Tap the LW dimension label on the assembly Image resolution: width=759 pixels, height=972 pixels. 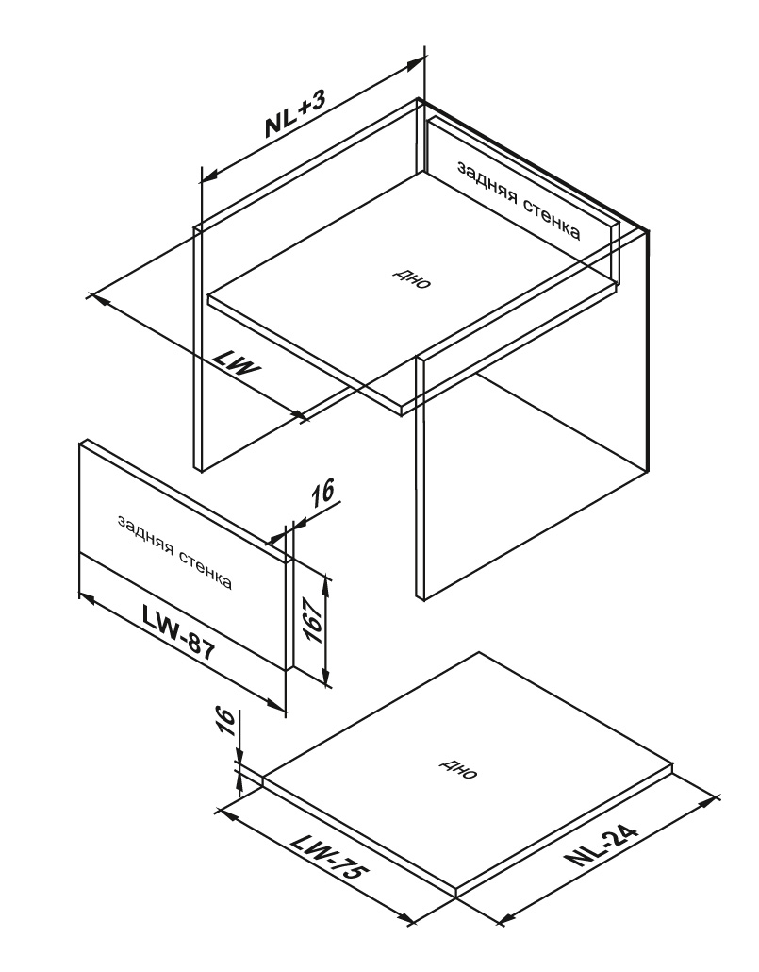coord(237,364)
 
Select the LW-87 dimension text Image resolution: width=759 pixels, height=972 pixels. coord(178,632)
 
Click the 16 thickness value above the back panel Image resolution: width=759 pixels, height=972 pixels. coord(322,492)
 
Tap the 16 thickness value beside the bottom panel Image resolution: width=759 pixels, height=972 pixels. coord(226,722)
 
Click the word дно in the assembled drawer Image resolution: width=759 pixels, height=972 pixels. coord(412,279)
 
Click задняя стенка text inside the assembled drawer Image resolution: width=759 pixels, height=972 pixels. coord(520,200)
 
